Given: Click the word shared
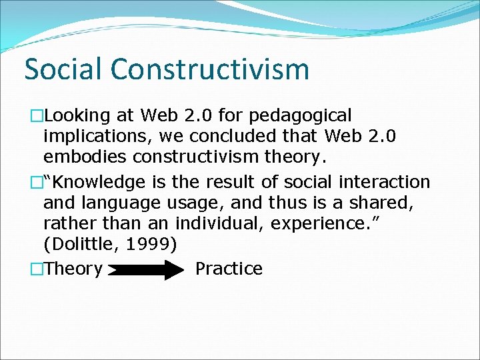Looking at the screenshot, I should pos(383,203).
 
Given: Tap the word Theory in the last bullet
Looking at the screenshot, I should pos(74,269).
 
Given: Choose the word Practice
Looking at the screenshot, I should pos(229,269).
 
